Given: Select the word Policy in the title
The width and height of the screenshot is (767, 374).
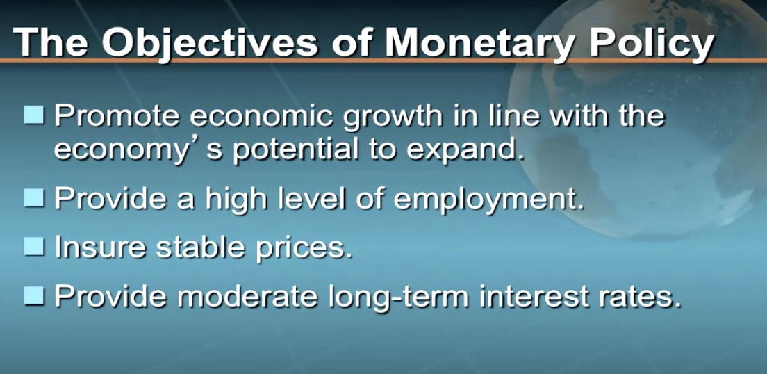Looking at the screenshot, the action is pyautogui.click(x=650, y=44).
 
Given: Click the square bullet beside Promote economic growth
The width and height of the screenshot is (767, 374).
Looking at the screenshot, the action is pyautogui.click(x=34, y=117).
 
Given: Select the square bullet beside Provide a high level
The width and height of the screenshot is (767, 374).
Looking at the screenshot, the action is pyautogui.click(x=34, y=197).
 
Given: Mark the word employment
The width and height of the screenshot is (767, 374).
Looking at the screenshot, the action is pyautogui.click(x=488, y=200).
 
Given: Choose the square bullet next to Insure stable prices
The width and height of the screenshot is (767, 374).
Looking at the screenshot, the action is pyautogui.click(x=34, y=246).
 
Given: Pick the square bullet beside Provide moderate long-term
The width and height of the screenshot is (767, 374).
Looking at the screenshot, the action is pyautogui.click(x=34, y=295).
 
